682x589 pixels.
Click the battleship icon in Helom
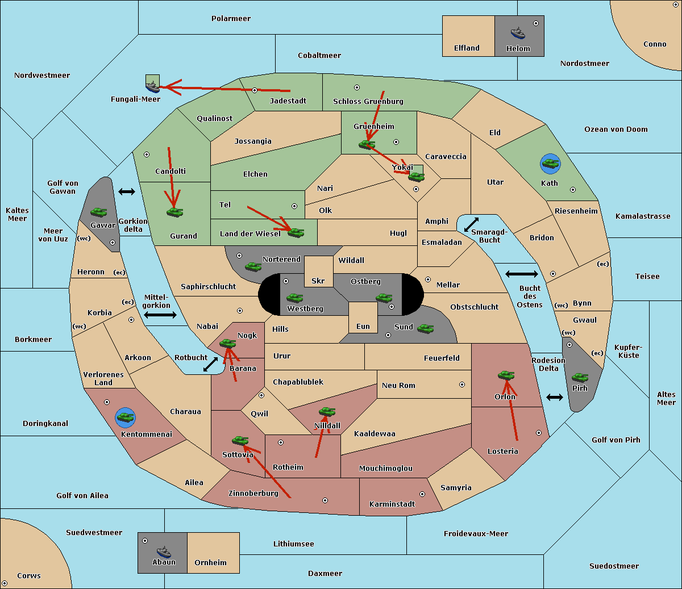click(518, 33)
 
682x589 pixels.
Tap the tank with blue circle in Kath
click(550, 164)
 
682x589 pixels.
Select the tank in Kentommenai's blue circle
click(126, 417)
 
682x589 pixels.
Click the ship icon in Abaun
click(164, 552)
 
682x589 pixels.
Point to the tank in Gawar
click(99, 212)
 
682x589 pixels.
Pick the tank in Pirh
click(580, 377)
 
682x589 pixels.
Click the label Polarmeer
click(231, 19)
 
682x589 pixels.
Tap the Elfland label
click(467, 48)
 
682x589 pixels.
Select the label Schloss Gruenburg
click(368, 101)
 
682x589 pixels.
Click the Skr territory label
click(318, 281)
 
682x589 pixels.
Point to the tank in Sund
click(425, 328)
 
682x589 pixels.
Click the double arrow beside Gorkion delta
click(127, 191)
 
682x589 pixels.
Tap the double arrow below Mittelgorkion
click(160, 315)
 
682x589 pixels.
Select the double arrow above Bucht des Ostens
click(522, 274)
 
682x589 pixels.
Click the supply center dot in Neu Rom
click(462, 385)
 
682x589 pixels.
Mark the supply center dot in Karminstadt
click(422, 494)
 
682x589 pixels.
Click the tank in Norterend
click(253, 266)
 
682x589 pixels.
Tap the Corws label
click(29, 576)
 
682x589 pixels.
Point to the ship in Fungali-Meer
click(152, 86)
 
